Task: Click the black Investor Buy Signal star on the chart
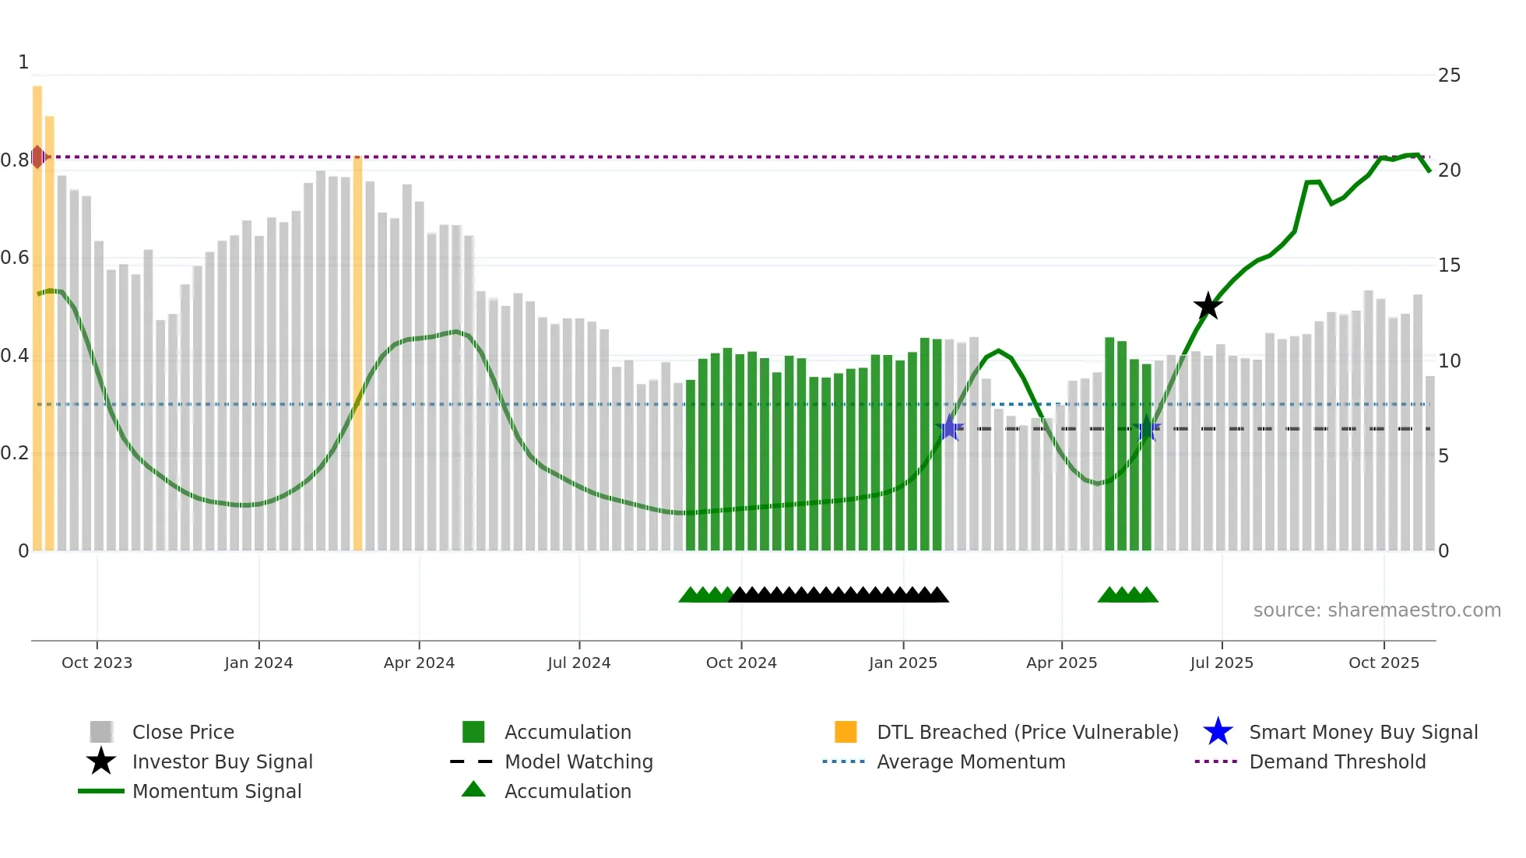pyautogui.click(x=1208, y=306)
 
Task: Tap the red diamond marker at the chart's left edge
pyautogui.click(x=37, y=156)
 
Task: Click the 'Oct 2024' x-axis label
pyautogui.click(x=740, y=663)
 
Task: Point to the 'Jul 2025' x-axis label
pyautogui.click(x=1221, y=663)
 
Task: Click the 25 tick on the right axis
pyautogui.click(x=1448, y=76)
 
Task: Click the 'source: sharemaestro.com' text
pyautogui.click(x=1377, y=610)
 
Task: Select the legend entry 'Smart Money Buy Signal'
pyautogui.click(x=1362, y=732)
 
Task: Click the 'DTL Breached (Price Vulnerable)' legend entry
pyautogui.click(x=1027, y=732)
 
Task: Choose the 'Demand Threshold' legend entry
pyautogui.click(x=1337, y=761)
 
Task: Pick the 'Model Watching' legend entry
pyautogui.click(x=578, y=761)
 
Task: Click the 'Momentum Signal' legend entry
pyautogui.click(x=216, y=791)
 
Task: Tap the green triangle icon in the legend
pyautogui.click(x=473, y=789)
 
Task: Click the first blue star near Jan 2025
pyautogui.click(x=949, y=428)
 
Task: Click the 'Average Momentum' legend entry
pyautogui.click(x=970, y=761)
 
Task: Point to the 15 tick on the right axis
pyautogui.click(x=1448, y=265)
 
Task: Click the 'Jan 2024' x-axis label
pyautogui.click(x=258, y=663)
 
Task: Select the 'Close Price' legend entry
pyautogui.click(x=183, y=732)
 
